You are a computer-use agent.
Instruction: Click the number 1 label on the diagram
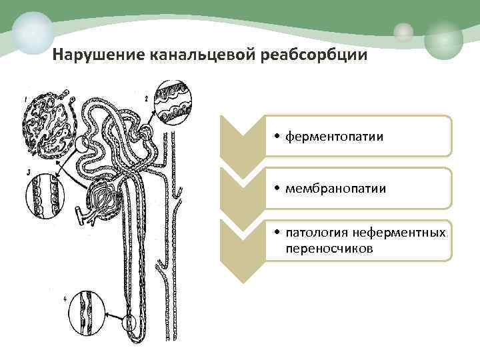(x=26, y=101)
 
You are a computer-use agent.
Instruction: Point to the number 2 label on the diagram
(x=146, y=99)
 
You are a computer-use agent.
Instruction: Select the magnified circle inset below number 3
(x=43, y=197)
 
